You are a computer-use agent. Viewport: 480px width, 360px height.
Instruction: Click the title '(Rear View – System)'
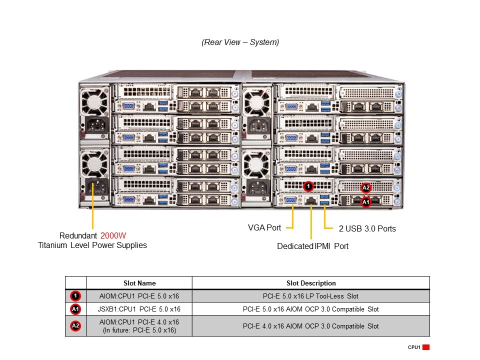click(x=240, y=42)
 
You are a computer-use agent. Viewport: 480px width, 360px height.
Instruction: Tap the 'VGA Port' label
click(x=264, y=227)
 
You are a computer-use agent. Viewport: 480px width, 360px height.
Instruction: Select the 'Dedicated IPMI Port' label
click(x=312, y=246)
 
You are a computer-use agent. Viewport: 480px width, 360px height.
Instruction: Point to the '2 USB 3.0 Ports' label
click(x=367, y=228)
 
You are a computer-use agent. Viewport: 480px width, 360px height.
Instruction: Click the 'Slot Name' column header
click(x=139, y=283)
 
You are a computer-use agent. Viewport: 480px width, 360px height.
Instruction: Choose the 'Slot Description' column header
click(x=310, y=283)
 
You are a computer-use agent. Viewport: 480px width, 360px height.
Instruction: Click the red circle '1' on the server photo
click(x=308, y=186)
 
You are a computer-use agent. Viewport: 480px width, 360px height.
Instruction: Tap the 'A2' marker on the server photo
click(x=366, y=188)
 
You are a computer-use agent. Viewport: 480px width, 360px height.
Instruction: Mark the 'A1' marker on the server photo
click(x=366, y=202)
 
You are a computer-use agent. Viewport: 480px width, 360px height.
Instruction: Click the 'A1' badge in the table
click(x=75, y=309)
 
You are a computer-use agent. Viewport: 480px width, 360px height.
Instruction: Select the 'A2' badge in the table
click(x=75, y=326)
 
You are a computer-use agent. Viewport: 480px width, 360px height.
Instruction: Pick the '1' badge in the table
click(x=75, y=296)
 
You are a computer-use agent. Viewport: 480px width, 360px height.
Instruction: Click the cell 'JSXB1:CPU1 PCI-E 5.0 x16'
click(x=139, y=309)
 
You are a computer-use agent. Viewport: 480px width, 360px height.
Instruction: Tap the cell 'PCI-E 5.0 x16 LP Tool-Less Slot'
click(x=310, y=296)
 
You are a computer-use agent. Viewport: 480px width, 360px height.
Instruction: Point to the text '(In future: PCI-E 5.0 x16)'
click(x=139, y=330)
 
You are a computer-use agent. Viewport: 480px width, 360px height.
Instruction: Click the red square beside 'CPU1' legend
click(x=426, y=347)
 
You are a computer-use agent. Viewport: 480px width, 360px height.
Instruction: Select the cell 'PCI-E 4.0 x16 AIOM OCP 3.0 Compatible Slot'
click(x=310, y=326)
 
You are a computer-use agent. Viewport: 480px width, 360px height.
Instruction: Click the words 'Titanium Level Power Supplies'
click(x=92, y=245)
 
